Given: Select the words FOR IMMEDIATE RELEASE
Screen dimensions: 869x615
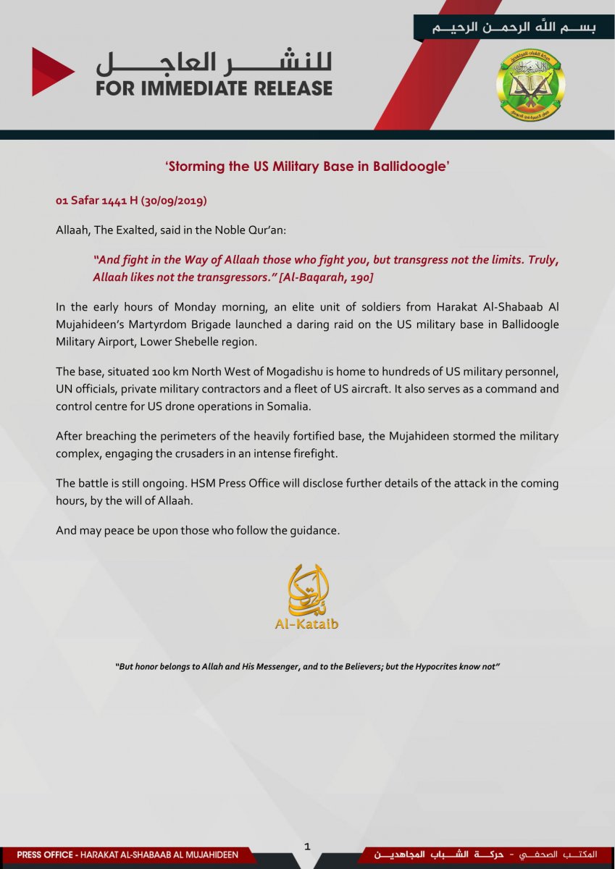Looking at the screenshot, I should click(214, 88).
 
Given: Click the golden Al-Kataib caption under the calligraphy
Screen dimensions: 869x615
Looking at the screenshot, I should click(306, 624).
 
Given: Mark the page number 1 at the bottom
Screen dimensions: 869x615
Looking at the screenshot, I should click(307, 846).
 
